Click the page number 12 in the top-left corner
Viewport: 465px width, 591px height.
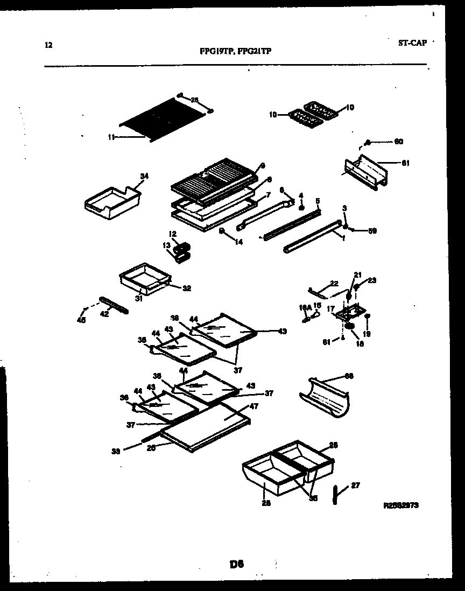tap(48, 45)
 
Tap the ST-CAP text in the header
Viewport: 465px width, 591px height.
tap(412, 43)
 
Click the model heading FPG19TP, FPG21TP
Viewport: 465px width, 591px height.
tap(235, 52)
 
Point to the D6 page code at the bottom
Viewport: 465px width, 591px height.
tap(237, 564)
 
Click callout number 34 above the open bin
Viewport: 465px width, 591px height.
tap(144, 176)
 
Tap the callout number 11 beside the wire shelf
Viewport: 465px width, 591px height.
tap(111, 137)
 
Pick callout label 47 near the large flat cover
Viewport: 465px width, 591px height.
tap(254, 406)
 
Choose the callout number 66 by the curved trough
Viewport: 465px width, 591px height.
tap(349, 376)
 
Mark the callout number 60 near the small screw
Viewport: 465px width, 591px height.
tap(398, 142)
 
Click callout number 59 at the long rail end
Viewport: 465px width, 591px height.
tap(372, 231)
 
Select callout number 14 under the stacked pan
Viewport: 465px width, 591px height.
tap(238, 242)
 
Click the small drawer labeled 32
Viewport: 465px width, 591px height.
tap(144, 277)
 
